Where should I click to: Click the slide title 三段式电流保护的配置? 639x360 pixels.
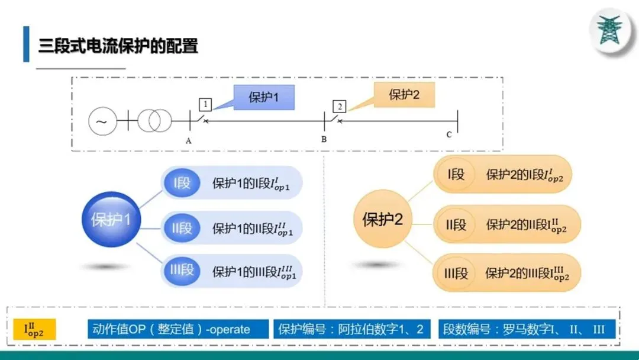point(118,46)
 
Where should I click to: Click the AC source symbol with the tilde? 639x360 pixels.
point(102,122)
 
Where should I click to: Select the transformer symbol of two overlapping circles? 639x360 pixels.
point(153,122)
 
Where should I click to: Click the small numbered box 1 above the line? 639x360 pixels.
point(205,105)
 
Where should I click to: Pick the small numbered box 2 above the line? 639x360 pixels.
point(339,107)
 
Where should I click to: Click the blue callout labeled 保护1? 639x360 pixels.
point(263,98)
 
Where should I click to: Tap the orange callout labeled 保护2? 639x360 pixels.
point(404,94)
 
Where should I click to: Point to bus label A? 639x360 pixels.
point(188,141)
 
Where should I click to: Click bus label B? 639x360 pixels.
point(324,140)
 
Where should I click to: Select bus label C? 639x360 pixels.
point(449,135)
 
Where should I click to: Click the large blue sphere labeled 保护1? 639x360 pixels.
point(111,220)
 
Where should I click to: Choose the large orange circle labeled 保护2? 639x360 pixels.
point(382,220)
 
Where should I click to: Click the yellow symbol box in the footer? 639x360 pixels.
point(34,330)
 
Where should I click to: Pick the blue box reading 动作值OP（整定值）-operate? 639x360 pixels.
point(177,330)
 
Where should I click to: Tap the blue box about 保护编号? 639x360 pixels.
point(351,330)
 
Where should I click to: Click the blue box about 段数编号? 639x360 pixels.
point(524,330)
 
